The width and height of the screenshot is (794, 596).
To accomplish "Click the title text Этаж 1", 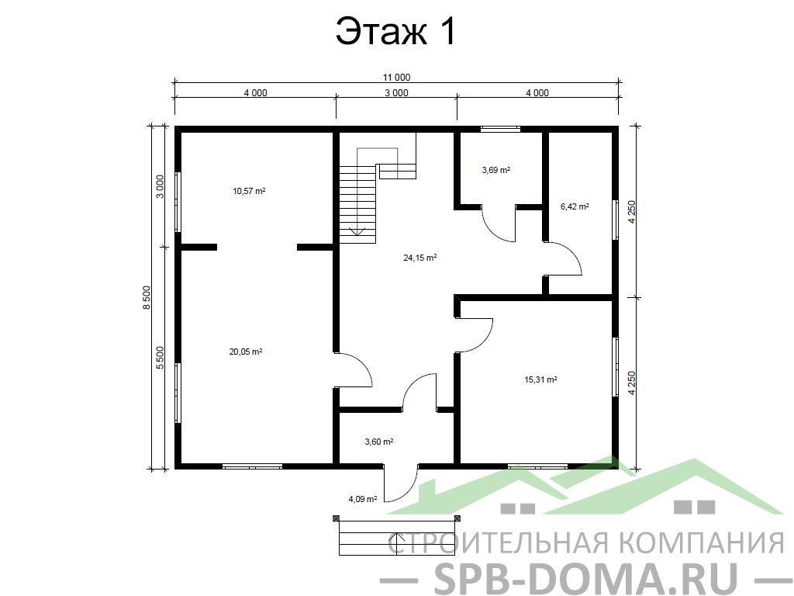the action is tap(396, 32).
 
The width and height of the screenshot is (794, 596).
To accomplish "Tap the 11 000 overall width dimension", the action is tap(396, 78).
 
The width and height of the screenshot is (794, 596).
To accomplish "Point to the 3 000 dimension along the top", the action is tap(396, 93).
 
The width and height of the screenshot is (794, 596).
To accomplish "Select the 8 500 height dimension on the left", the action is tap(147, 297).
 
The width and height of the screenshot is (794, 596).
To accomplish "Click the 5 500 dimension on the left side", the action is tap(160, 358).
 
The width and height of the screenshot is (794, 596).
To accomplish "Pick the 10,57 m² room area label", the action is tap(249, 191).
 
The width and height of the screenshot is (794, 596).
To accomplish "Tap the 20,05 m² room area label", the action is tap(246, 352).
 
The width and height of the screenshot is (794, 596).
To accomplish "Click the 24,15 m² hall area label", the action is tap(419, 258).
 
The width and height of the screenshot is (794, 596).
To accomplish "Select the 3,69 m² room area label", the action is tap(495, 170).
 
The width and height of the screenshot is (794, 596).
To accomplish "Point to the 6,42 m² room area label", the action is tap(575, 206).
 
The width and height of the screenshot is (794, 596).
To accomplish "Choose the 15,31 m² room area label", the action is tap(540, 379).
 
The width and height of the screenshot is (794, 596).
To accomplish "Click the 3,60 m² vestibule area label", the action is tap(379, 442).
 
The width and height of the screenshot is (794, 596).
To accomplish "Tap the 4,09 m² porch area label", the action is tap(363, 499).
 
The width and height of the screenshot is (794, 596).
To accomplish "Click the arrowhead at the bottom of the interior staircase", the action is tap(357, 232).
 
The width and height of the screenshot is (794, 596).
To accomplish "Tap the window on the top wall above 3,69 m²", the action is tap(500, 130).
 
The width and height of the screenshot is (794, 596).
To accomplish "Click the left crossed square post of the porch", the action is tap(336, 518).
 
